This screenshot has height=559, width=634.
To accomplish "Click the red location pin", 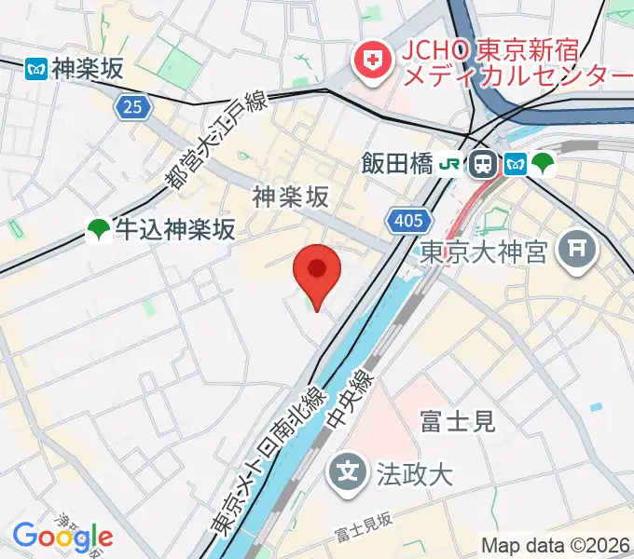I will [317, 271].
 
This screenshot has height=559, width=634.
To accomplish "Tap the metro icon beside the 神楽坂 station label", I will [36, 68].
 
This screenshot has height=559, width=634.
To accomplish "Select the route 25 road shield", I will [133, 107].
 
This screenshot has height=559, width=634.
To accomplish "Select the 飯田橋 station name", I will [397, 165].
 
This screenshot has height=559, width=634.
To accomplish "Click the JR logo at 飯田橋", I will [450, 165].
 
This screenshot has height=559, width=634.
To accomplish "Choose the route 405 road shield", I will [409, 221].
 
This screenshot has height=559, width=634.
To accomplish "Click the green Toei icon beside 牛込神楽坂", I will [98, 228].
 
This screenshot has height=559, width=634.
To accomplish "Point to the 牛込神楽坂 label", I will [174, 228].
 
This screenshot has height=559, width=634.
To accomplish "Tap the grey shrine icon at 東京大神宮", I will [578, 249].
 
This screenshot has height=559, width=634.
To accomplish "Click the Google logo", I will [62, 536].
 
